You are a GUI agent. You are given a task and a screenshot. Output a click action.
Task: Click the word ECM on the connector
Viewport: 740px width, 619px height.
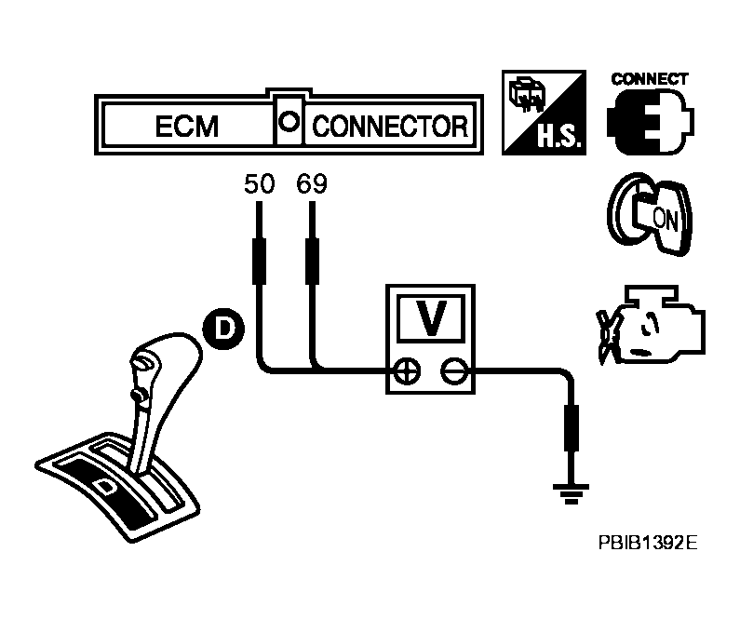tap(187, 127)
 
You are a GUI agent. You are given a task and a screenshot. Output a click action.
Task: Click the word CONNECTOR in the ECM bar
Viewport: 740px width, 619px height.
tap(390, 127)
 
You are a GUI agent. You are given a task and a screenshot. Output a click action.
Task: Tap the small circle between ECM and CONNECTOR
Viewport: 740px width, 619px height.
tap(289, 122)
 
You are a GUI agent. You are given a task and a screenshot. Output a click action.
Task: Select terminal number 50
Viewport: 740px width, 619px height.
tap(259, 183)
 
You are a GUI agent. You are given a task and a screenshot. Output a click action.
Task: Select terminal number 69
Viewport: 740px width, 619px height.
tap(312, 183)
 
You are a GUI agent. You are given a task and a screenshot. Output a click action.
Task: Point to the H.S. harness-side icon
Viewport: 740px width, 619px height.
tap(544, 113)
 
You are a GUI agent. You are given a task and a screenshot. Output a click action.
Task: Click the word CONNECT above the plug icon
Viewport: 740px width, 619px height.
tap(650, 79)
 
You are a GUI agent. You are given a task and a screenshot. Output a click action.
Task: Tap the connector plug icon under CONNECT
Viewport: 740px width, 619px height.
tap(651, 121)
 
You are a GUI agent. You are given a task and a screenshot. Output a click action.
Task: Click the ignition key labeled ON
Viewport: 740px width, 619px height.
tap(651, 214)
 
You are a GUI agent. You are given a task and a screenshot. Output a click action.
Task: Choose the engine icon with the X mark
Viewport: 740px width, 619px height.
tap(652, 325)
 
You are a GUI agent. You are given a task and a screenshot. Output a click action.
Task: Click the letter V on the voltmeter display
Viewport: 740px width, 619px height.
tap(431, 317)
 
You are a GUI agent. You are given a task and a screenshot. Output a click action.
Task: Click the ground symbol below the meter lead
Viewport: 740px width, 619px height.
tap(572, 493)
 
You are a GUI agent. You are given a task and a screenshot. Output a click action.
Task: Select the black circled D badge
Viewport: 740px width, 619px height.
tap(223, 329)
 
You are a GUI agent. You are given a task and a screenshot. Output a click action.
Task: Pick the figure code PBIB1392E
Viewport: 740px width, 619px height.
tap(648, 543)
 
